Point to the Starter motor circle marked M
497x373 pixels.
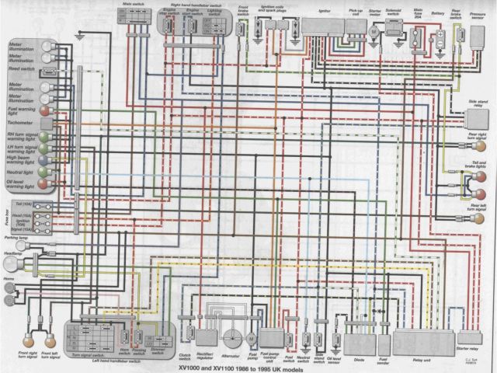tap(374, 32)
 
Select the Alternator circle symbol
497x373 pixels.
tap(231, 340)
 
